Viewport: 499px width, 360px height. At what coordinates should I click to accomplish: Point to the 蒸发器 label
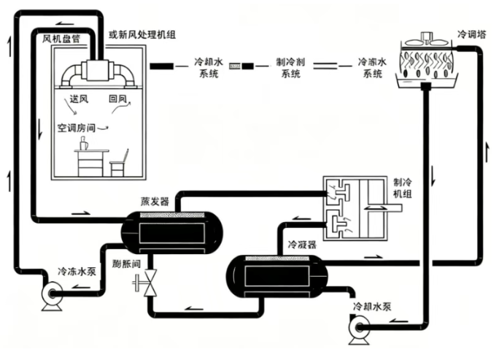[x=155, y=201]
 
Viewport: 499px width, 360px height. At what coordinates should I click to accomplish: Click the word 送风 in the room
[x=80, y=97]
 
